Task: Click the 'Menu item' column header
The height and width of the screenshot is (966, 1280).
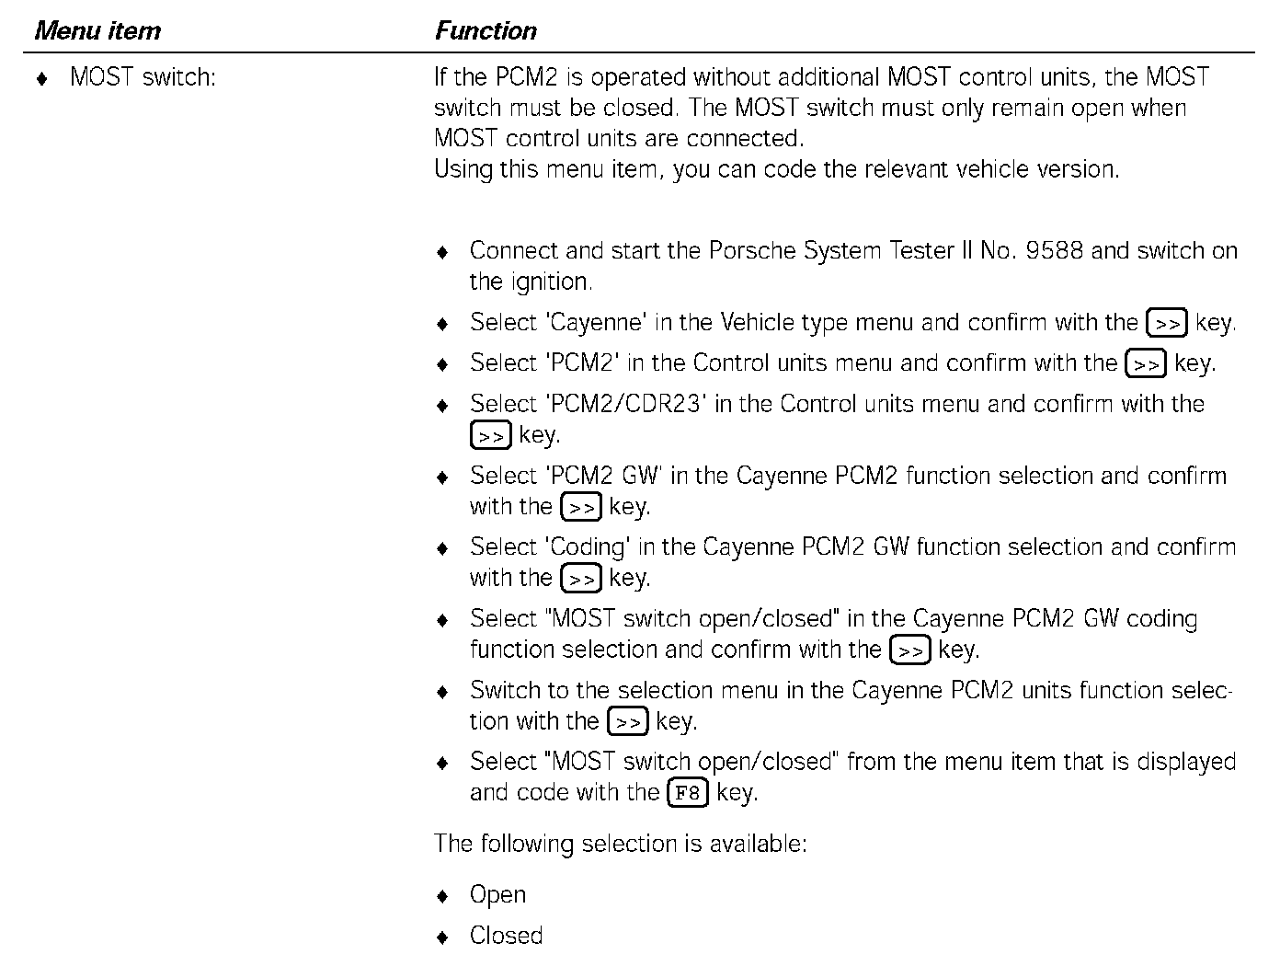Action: pos(97,31)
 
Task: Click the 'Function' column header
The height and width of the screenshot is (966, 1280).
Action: pos(486,31)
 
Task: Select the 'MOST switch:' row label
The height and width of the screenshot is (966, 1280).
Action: pos(143,77)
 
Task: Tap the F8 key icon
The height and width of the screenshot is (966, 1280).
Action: pos(688,793)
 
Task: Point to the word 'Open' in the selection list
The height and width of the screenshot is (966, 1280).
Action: pos(497,895)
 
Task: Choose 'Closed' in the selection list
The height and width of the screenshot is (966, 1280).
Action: pos(506,936)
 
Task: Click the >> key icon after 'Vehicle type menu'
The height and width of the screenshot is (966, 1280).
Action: pos(1167,324)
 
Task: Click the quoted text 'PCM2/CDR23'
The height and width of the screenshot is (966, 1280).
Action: pos(625,404)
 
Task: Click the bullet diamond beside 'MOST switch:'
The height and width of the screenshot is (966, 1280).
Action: pos(41,79)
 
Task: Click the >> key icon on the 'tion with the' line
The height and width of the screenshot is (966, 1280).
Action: pos(628,722)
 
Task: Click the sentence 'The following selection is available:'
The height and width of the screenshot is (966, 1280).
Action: pos(620,844)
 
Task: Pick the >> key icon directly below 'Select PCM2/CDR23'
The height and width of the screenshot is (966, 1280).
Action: pos(490,435)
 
